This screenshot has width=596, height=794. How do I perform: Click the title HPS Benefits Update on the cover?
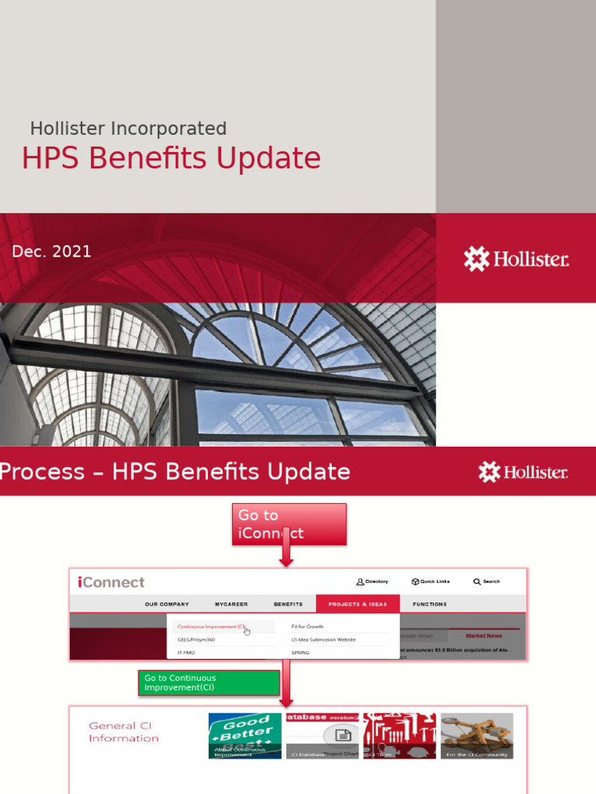pos(171,158)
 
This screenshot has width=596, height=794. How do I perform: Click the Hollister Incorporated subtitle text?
pos(128,129)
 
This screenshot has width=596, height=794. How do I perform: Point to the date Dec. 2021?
pos(51,251)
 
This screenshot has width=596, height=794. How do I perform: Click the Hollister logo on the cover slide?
pos(516,259)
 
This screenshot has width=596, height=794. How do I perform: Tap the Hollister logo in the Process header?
pos(522,471)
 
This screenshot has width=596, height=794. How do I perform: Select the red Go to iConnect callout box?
pos(289,524)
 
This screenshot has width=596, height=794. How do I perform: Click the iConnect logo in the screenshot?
pos(111,582)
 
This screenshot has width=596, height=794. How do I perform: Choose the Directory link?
pos(372,582)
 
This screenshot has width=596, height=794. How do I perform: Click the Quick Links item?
pos(431,582)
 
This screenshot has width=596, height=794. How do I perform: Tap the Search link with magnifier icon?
pos(487,582)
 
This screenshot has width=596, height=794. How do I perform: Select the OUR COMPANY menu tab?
pos(167,604)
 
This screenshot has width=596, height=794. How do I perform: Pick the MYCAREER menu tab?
pos(231,604)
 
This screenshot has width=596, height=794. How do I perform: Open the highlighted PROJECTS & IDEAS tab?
pos(358,604)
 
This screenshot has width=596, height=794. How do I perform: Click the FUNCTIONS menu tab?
pos(430,604)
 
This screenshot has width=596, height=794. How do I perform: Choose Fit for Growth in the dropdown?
pos(308,627)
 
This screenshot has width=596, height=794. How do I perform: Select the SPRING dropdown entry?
pos(300,653)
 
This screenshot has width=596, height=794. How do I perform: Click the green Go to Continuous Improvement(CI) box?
pos(209,682)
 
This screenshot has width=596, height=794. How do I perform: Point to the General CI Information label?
pos(123,732)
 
